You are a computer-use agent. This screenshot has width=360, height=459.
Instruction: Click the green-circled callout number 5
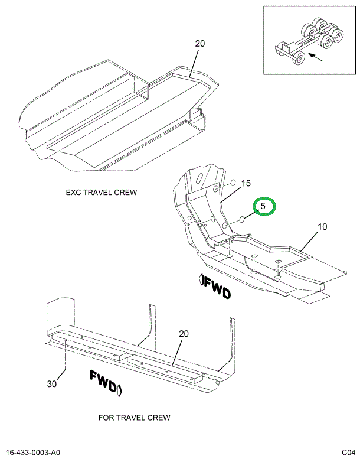(264, 207)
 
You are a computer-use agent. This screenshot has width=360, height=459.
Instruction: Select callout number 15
(246, 183)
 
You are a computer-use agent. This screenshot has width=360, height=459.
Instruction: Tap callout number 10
(322, 227)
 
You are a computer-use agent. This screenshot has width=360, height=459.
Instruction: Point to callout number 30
(52, 384)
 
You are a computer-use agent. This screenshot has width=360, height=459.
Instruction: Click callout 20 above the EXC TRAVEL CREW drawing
(199, 43)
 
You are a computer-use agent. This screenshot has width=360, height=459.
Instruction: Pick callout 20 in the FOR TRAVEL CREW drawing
(184, 334)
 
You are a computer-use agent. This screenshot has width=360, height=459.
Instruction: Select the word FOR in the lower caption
(106, 418)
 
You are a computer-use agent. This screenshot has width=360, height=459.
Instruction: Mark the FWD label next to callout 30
(106, 380)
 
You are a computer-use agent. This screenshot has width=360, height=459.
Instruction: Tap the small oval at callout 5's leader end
(241, 221)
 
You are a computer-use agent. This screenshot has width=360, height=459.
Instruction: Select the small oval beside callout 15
(233, 183)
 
